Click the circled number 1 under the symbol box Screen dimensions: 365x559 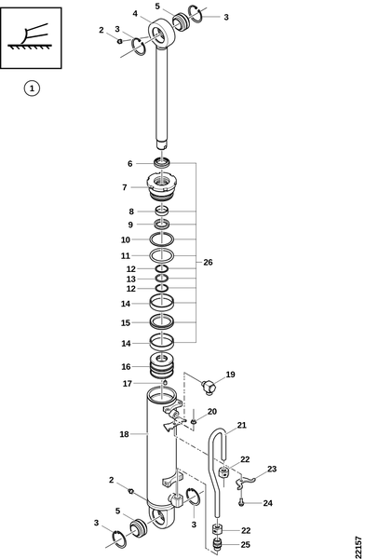pyautogui.click(x=32, y=89)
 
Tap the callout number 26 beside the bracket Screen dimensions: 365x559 pyautogui.click(x=208, y=263)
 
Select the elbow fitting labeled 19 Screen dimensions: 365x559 pyautogui.click(x=209, y=387)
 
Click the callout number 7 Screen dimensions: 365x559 pyautogui.click(x=125, y=187)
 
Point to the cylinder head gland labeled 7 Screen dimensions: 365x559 pyautogui.click(x=161, y=187)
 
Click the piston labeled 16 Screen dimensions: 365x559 pyautogui.click(x=161, y=365)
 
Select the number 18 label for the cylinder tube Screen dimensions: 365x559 pyautogui.click(x=124, y=434)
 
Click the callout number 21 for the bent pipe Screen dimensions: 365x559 pyautogui.click(x=242, y=425)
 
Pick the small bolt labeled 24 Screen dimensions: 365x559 pyautogui.click(x=241, y=503)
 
